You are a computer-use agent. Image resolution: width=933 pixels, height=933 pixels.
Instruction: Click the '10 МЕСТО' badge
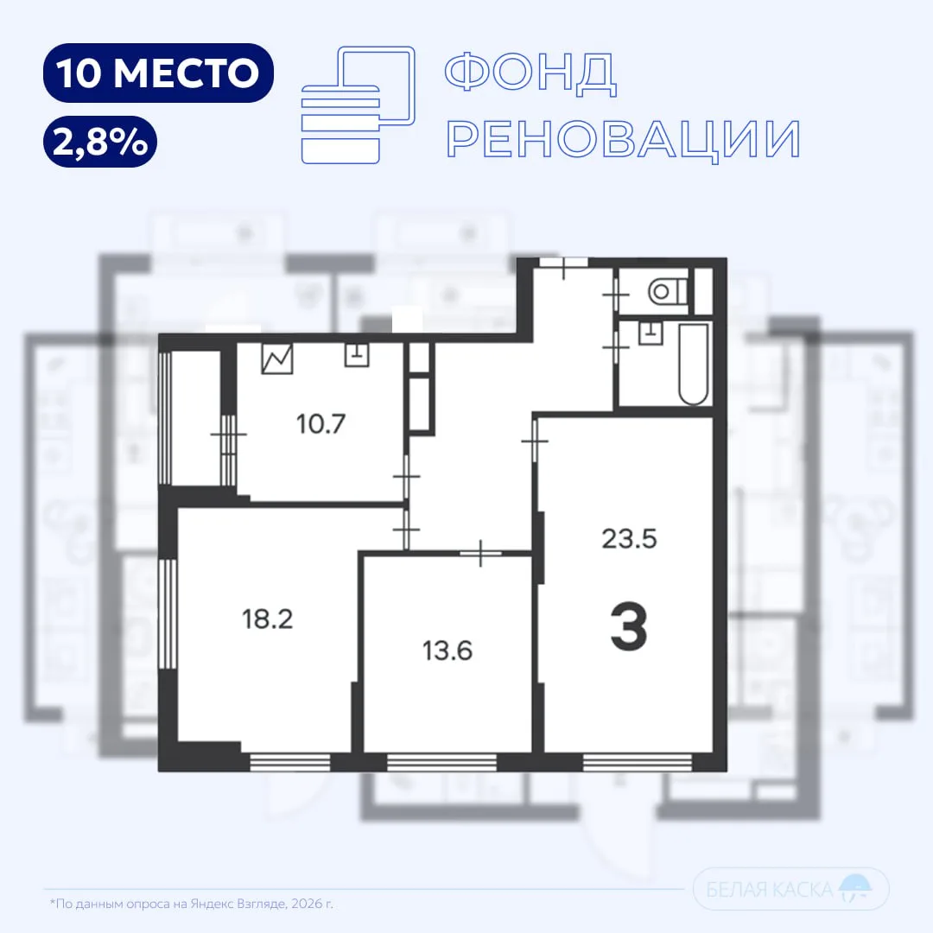point(158,73)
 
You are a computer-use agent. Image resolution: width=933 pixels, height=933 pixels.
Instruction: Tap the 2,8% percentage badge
point(100,142)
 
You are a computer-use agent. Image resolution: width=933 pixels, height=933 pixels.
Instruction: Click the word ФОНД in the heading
point(530,73)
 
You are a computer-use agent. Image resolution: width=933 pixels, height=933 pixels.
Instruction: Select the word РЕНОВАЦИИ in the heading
point(624,139)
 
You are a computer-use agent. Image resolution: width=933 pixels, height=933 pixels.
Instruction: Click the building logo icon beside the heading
point(359,105)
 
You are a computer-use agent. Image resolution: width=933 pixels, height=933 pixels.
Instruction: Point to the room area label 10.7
point(321,424)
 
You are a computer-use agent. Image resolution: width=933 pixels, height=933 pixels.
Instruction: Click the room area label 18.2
point(267,619)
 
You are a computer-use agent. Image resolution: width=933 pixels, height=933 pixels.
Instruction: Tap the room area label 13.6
point(447,651)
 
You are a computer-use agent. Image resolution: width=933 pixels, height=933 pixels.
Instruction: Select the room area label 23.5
point(629,539)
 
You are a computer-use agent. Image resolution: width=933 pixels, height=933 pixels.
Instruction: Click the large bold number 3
point(629,626)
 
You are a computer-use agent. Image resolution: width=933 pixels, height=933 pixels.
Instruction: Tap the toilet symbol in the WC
point(667,292)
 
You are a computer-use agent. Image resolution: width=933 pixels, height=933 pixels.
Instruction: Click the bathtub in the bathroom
point(694,365)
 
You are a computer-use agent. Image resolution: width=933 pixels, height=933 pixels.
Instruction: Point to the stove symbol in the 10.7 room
point(277,359)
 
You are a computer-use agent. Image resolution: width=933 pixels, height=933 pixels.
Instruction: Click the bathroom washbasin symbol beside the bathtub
point(651,333)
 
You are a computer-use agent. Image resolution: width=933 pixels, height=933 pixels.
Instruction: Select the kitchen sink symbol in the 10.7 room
point(357,355)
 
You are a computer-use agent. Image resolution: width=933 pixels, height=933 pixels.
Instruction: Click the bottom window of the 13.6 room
point(441,762)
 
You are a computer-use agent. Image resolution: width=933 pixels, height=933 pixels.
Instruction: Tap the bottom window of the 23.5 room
point(638,762)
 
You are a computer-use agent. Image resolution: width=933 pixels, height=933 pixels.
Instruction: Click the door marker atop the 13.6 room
point(481,554)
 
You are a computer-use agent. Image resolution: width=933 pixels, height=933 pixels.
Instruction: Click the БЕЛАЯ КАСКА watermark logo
point(790,889)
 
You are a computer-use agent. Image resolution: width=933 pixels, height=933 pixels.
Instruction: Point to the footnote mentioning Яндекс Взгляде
point(192,904)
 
